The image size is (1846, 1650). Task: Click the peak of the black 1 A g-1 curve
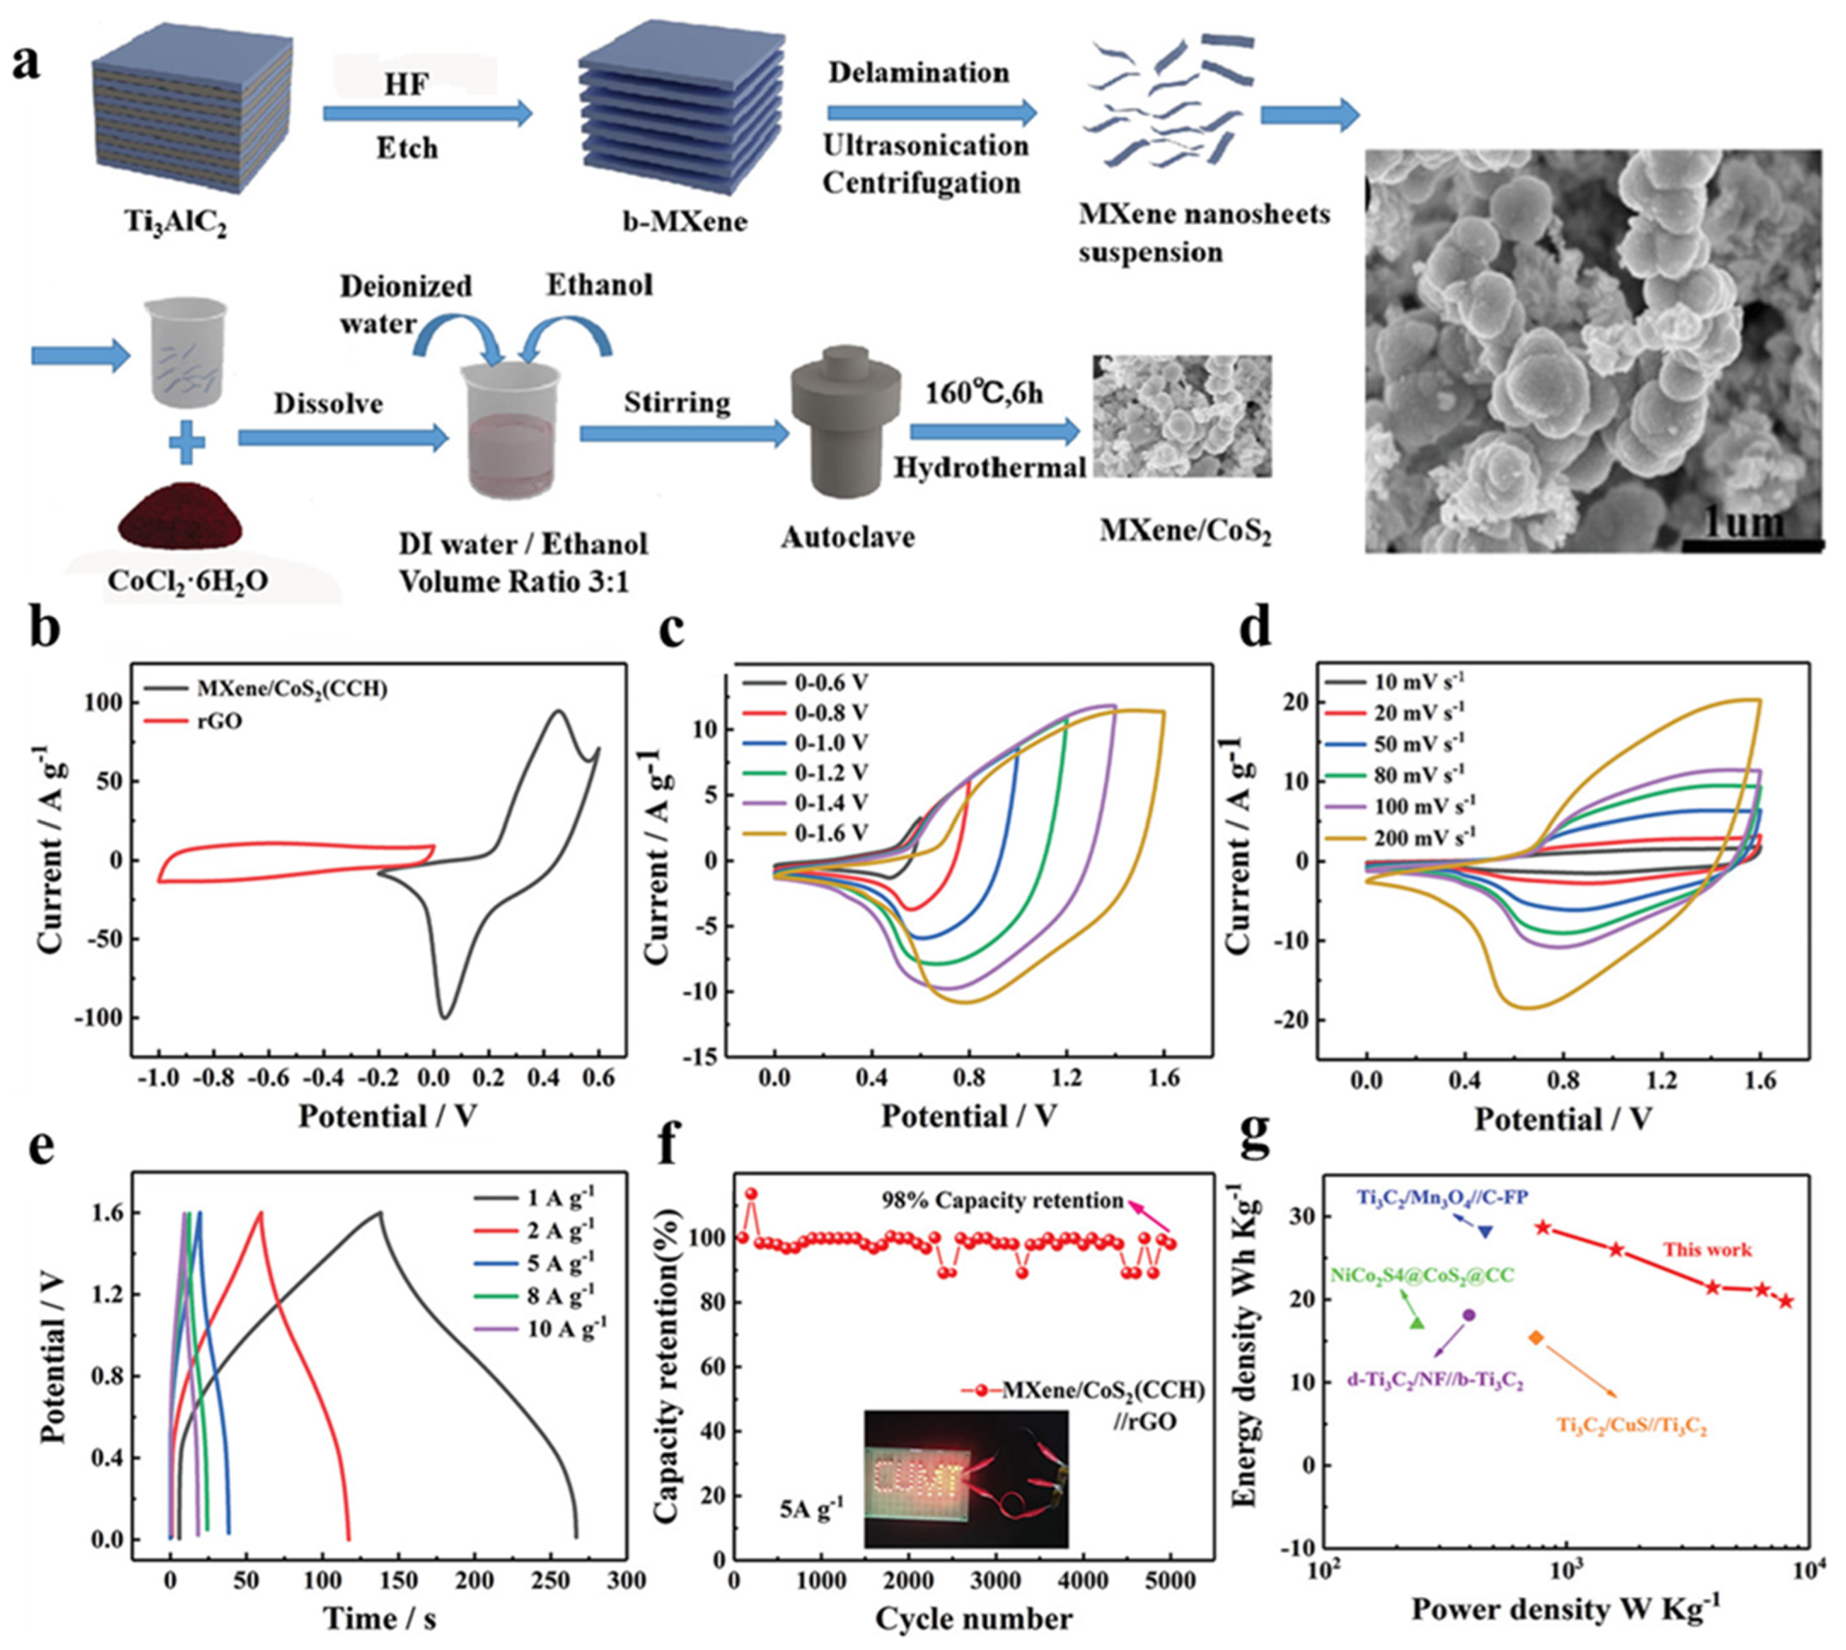coord(380,1213)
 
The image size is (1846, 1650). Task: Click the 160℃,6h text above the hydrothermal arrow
coord(984,393)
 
